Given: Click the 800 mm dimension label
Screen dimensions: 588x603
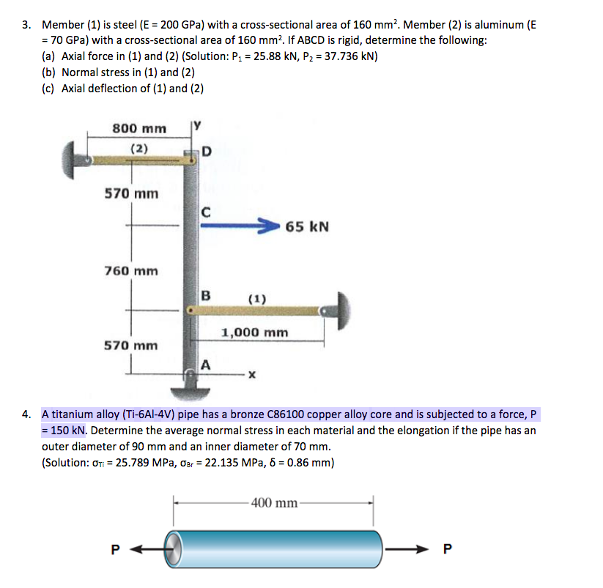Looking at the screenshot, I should (x=139, y=128).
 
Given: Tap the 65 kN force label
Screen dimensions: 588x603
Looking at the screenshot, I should (x=307, y=226).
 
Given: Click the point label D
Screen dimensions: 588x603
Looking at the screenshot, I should (x=206, y=152).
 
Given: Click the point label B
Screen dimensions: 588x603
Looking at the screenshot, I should (x=206, y=297).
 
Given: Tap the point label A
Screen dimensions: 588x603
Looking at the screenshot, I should (x=206, y=364).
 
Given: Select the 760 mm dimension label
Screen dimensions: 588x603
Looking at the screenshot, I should (x=131, y=271).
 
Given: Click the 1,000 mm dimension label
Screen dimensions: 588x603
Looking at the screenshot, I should (x=254, y=332).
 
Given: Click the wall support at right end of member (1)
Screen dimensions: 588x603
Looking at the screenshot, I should (x=340, y=310).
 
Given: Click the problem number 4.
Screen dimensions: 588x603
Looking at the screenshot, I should (x=26, y=414).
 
